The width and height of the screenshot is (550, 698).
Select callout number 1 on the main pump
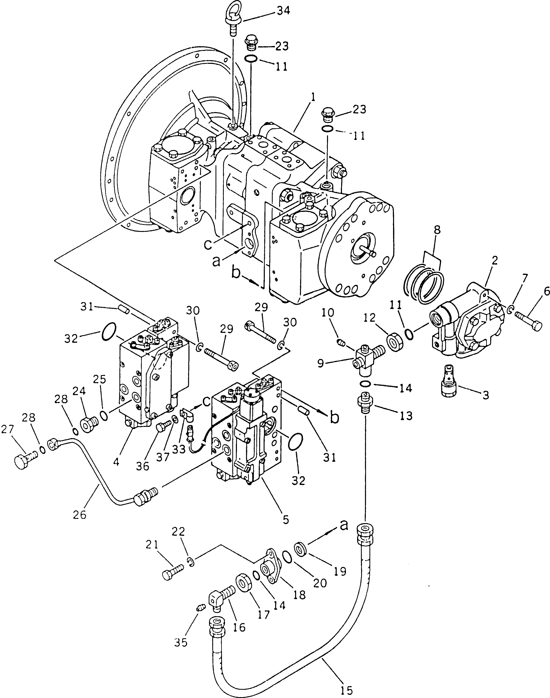coord(313,96)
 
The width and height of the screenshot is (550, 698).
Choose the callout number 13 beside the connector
coord(406,416)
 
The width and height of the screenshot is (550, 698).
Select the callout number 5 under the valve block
coord(286,519)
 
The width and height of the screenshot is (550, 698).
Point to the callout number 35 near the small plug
coord(181,643)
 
